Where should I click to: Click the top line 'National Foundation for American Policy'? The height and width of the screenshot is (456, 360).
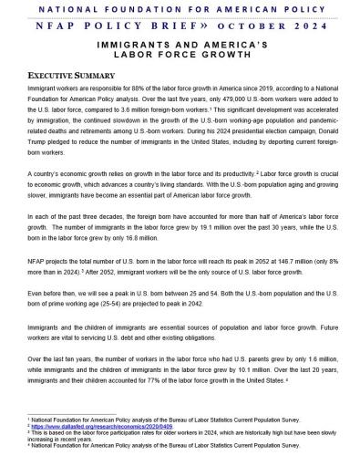pos(179,7)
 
